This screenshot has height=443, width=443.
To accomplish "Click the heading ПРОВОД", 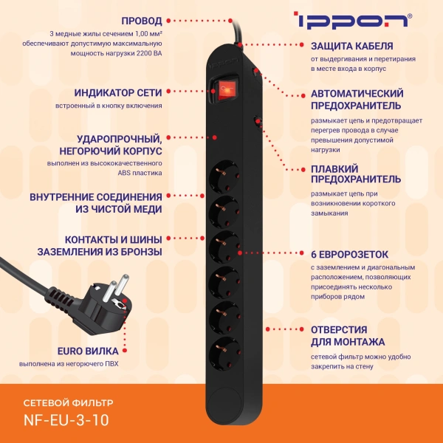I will [137, 21].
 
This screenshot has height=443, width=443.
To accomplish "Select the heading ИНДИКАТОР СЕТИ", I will [118, 93].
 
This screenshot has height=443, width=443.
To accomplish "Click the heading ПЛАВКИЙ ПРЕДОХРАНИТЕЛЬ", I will [356, 174].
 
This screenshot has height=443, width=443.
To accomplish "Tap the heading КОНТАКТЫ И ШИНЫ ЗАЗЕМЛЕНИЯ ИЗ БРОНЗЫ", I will [100, 245].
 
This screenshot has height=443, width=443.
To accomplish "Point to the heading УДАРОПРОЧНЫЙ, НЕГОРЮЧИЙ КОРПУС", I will [120, 145].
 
